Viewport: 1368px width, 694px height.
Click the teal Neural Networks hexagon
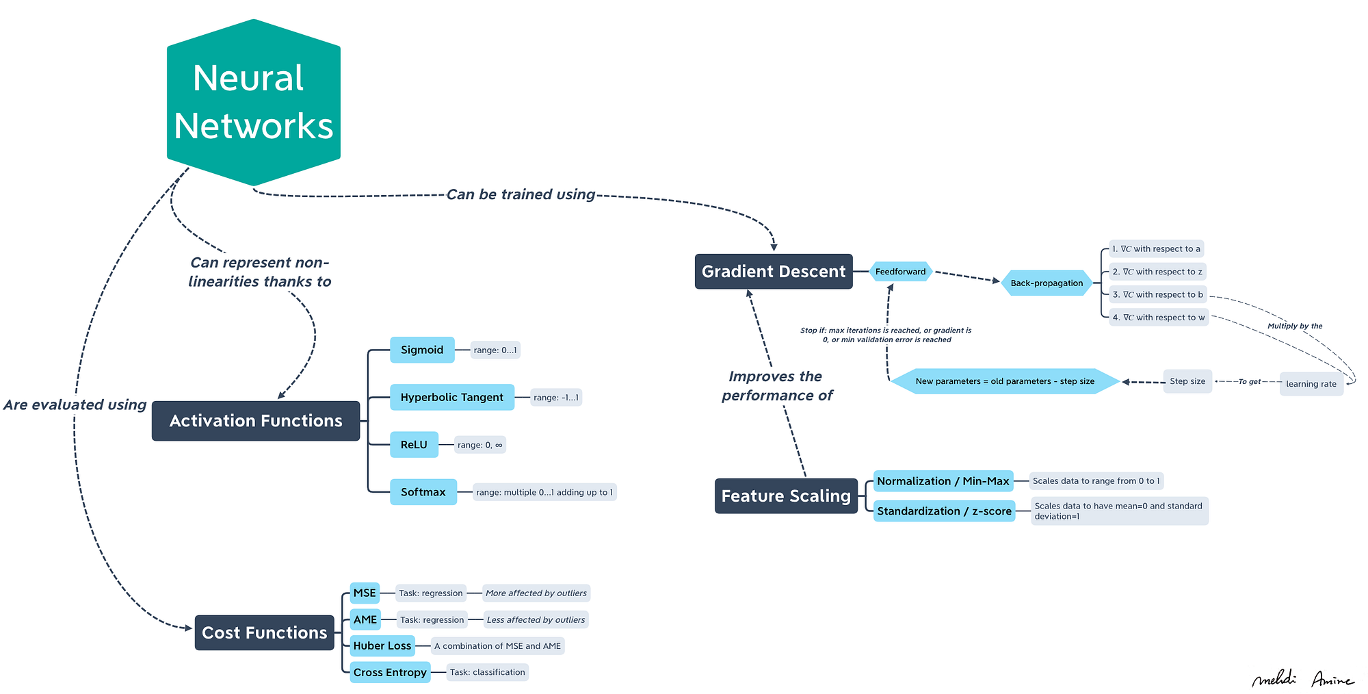[x=254, y=103]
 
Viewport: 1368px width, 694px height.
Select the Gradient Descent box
[x=774, y=272]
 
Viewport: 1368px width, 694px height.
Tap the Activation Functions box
[x=256, y=421]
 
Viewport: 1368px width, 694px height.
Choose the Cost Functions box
[x=265, y=632]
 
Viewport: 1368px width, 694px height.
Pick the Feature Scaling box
[x=786, y=496]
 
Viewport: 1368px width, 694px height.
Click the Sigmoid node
[x=422, y=350]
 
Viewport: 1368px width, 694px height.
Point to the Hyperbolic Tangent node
[x=452, y=397]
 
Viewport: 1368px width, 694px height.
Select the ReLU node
[x=414, y=445]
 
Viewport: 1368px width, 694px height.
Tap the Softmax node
[x=423, y=492]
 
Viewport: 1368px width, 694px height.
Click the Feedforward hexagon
[x=901, y=272]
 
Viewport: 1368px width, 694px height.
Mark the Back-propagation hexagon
[x=1047, y=283]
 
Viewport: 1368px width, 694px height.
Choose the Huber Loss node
[x=382, y=645]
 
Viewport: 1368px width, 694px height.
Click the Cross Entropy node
[x=390, y=672]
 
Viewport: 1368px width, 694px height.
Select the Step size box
[x=1187, y=381]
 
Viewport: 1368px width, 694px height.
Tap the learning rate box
[x=1311, y=384]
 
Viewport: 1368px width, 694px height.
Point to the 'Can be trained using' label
[x=521, y=194]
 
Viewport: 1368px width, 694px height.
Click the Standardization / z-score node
[x=944, y=511]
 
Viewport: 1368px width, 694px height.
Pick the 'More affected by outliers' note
[x=536, y=593]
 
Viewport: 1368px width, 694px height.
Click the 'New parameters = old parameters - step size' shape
[x=1005, y=381]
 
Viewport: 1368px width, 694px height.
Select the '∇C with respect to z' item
[x=1157, y=272]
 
